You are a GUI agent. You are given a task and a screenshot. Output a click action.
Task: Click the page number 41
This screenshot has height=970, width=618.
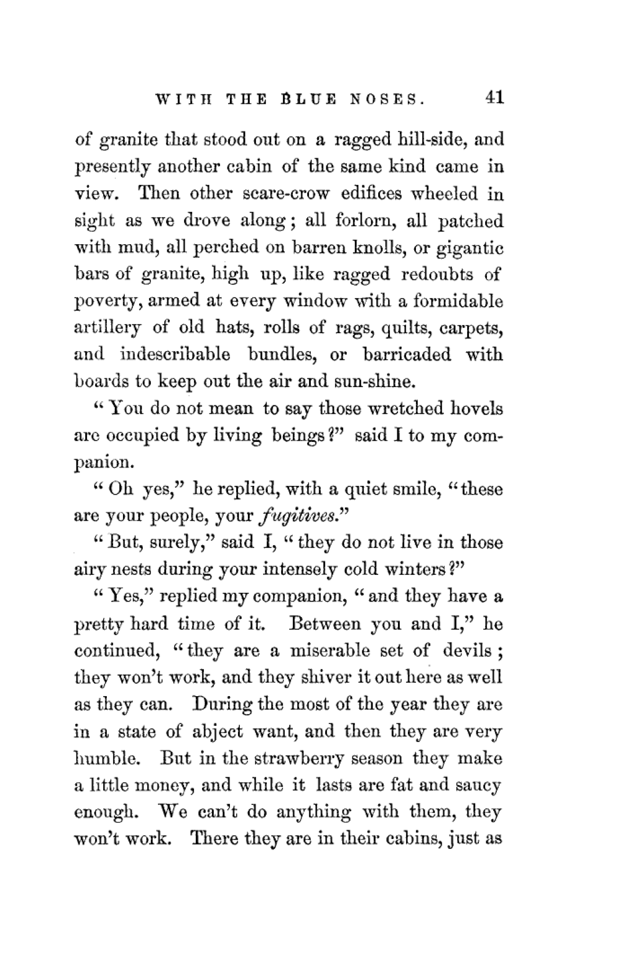click(495, 98)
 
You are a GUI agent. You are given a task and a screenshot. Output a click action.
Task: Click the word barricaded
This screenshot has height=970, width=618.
click(407, 355)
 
